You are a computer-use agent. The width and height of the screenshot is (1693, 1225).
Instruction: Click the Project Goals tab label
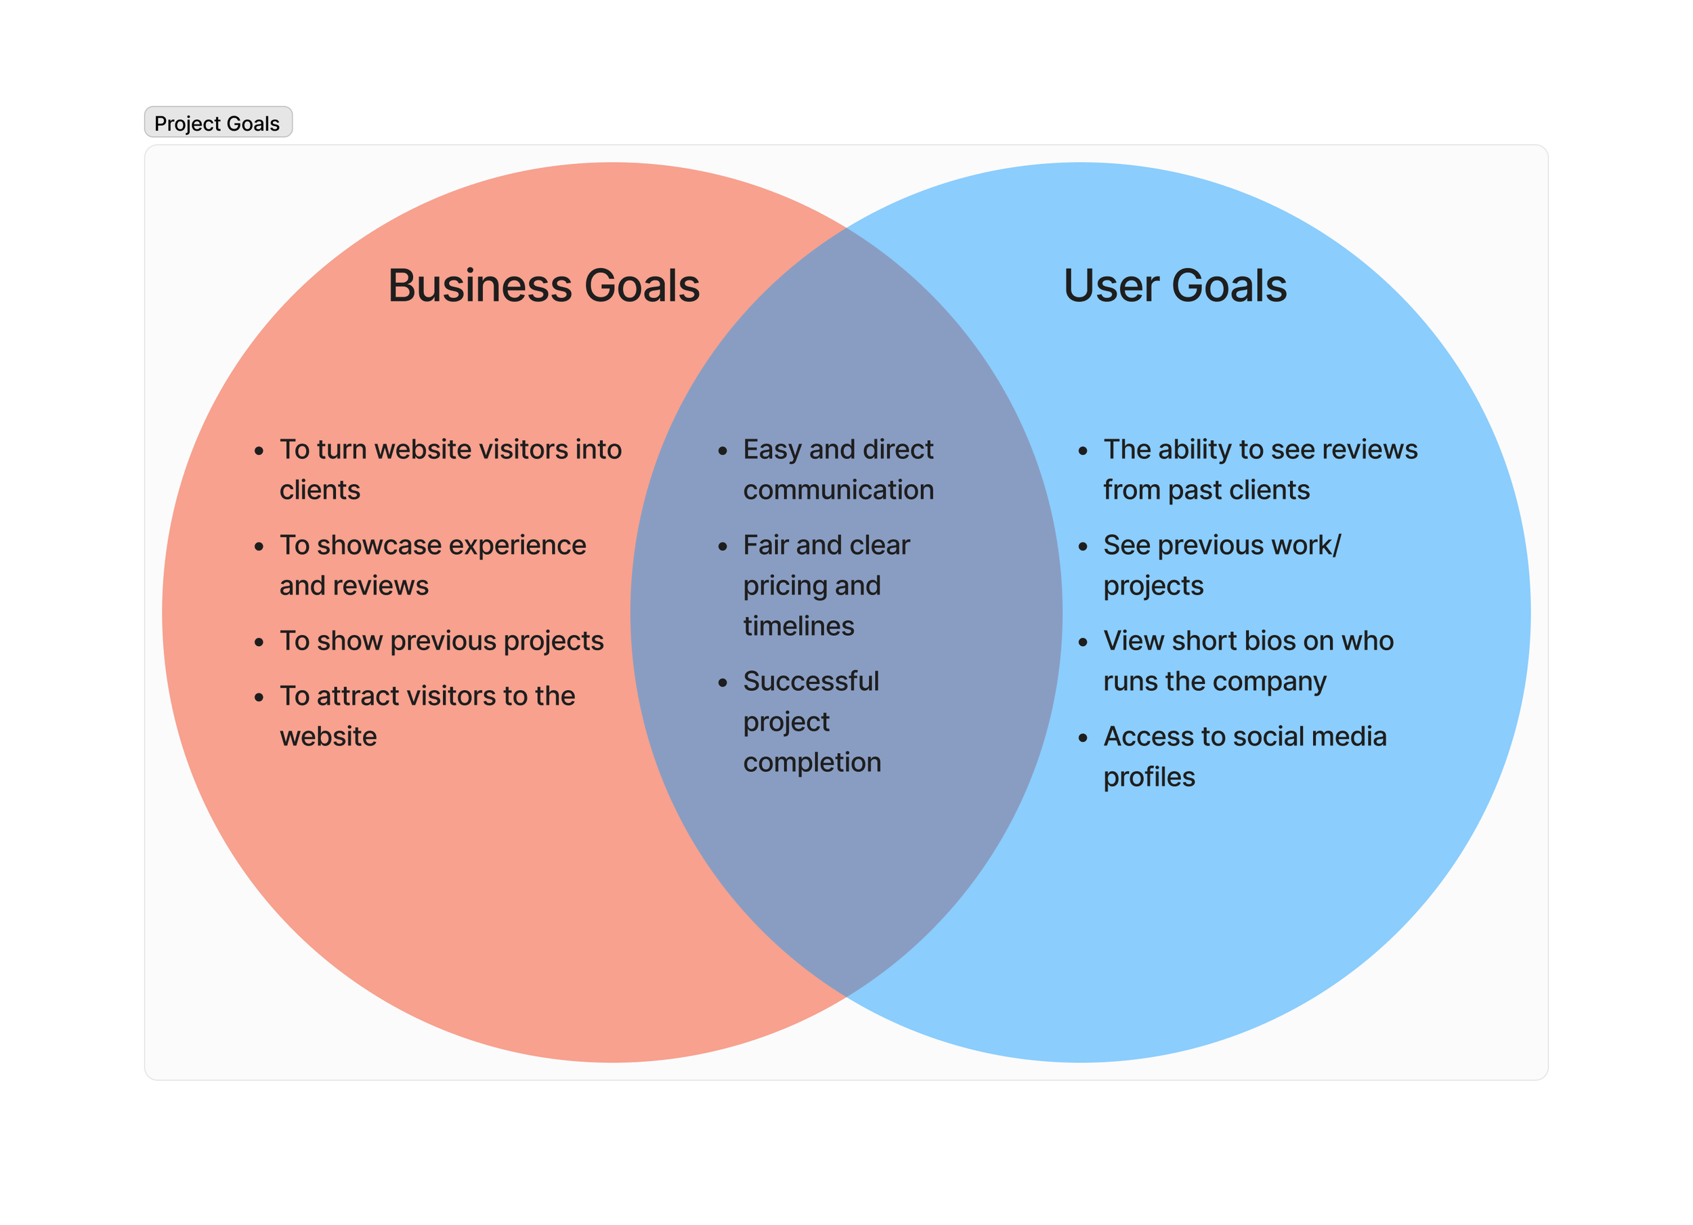[217, 123]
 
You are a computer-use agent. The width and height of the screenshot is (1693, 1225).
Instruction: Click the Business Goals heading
[543, 286]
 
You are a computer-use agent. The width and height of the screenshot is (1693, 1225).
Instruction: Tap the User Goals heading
[1175, 286]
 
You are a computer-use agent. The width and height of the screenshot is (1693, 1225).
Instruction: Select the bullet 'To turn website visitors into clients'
[450, 469]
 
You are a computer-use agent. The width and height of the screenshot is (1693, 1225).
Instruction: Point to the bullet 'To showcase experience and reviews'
[433, 565]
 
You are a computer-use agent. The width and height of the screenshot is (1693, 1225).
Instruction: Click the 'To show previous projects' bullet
[441, 641]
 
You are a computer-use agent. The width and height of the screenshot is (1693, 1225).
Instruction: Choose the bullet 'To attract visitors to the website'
[427, 716]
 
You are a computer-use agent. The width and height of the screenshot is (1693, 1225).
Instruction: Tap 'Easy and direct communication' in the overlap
[838, 469]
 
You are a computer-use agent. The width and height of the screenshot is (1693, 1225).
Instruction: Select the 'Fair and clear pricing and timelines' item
[826, 585]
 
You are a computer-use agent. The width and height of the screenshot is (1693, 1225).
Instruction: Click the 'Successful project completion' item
[812, 721]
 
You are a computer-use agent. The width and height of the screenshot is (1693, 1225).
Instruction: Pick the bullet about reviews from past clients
[1260, 469]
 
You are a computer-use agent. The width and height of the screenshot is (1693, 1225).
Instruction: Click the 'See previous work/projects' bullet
[1222, 565]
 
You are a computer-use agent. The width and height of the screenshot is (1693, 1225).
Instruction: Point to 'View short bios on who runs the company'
[1248, 661]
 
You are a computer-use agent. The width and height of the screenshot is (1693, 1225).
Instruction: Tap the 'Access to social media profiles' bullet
[1245, 756]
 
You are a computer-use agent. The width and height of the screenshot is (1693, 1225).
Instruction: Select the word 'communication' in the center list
[838, 490]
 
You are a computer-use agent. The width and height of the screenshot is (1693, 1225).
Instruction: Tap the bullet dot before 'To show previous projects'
[259, 643]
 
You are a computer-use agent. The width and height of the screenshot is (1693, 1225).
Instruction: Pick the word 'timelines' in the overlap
[798, 626]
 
